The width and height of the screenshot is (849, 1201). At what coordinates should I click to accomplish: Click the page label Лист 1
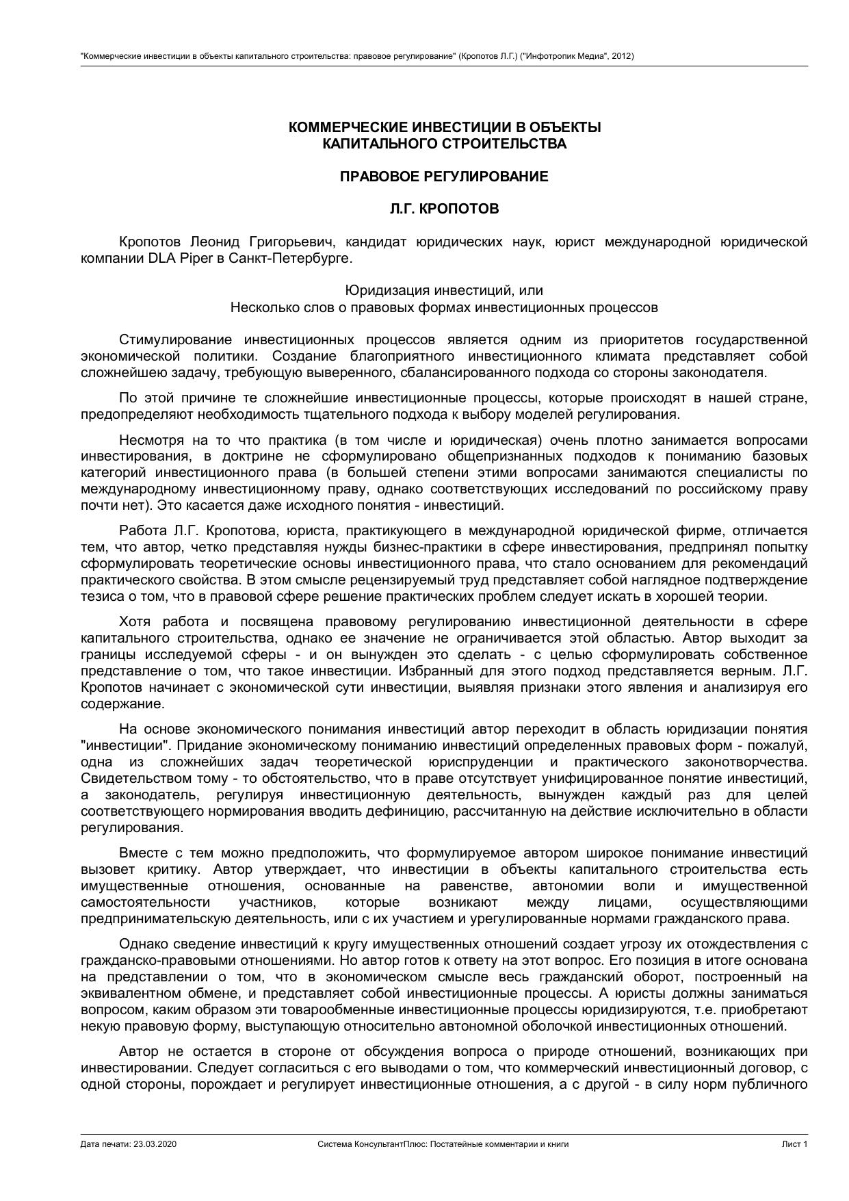point(795,1144)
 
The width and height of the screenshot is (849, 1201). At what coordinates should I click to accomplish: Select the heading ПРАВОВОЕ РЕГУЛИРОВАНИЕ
point(444,177)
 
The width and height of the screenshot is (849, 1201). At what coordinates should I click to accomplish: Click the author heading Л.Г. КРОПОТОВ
point(444,209)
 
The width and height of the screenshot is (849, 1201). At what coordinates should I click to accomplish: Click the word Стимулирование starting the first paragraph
point(175,340)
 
